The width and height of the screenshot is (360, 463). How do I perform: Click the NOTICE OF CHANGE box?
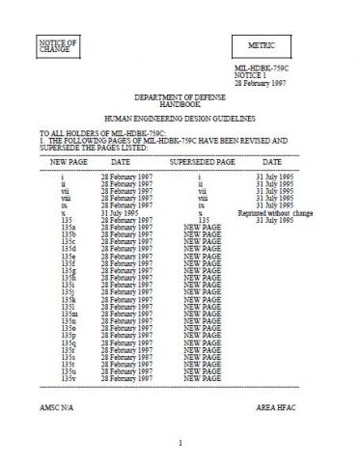[58, 44]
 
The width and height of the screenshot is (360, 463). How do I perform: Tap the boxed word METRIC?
[262, 45]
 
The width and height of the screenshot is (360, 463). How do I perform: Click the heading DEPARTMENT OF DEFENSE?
[180, 100]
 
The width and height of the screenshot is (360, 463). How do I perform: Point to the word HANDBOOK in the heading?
[180, 107]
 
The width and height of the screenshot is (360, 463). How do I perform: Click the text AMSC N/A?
[54, 407]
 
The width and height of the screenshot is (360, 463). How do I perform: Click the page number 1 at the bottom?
[180, 443]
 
